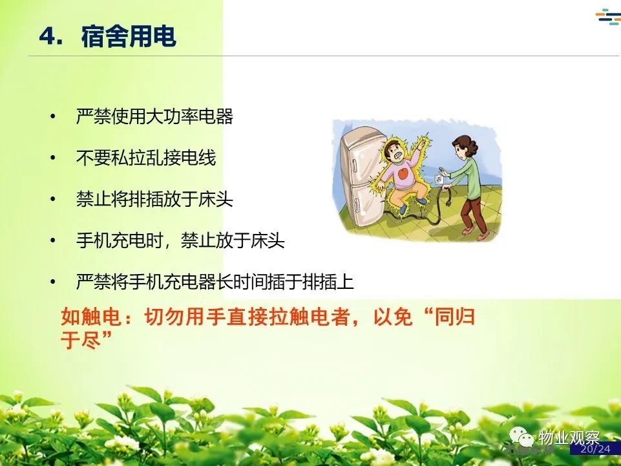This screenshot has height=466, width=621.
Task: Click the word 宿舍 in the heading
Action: [105, 36]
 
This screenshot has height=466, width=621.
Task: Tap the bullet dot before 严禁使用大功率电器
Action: [53, 116]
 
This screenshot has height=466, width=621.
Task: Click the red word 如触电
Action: [91, 317]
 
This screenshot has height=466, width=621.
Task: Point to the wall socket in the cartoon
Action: [437, 179]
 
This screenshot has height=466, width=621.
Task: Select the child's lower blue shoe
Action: [403, 209]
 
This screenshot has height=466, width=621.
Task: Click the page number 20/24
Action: [596, 449]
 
